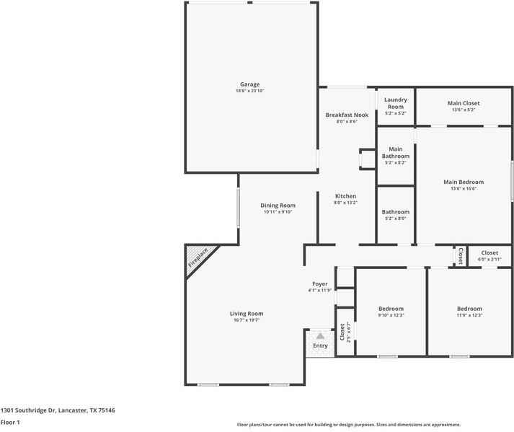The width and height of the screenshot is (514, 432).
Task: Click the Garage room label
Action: [x=249, y=84]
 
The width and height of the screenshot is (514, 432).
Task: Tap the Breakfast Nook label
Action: [x=347, y=115]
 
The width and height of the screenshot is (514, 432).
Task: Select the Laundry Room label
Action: [x=395, y=103]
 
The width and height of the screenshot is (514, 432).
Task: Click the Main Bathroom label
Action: [x=395, y=152]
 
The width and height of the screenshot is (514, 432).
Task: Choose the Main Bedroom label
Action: [x=463, y=182]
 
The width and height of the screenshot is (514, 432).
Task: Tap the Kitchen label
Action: [x=345, y=196]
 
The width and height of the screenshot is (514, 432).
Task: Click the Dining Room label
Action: [x=278, y=206]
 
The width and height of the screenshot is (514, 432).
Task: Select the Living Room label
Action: [x=247, y=314]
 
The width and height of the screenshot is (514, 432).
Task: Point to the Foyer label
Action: [x=320, y=284]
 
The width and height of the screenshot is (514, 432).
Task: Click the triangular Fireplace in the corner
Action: [x=197, y=256]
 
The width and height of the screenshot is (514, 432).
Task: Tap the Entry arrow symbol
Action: [x=320, y=335]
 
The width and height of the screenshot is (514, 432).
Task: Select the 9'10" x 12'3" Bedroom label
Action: [x=391, y=309]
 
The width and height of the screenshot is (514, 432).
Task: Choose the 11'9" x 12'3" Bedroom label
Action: [x=469, y=309]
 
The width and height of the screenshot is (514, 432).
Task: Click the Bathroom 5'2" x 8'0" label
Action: [x=395, y=212]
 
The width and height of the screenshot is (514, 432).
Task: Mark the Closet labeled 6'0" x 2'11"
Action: [x=489, y=253]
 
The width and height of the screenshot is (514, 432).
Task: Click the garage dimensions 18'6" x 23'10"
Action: [x=249, y=91]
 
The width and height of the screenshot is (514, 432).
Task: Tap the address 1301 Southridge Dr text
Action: [x=58, y=410]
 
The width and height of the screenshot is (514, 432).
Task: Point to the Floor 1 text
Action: [x=10, y=423]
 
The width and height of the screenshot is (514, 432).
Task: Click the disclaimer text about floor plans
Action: [x=348, y=425]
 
